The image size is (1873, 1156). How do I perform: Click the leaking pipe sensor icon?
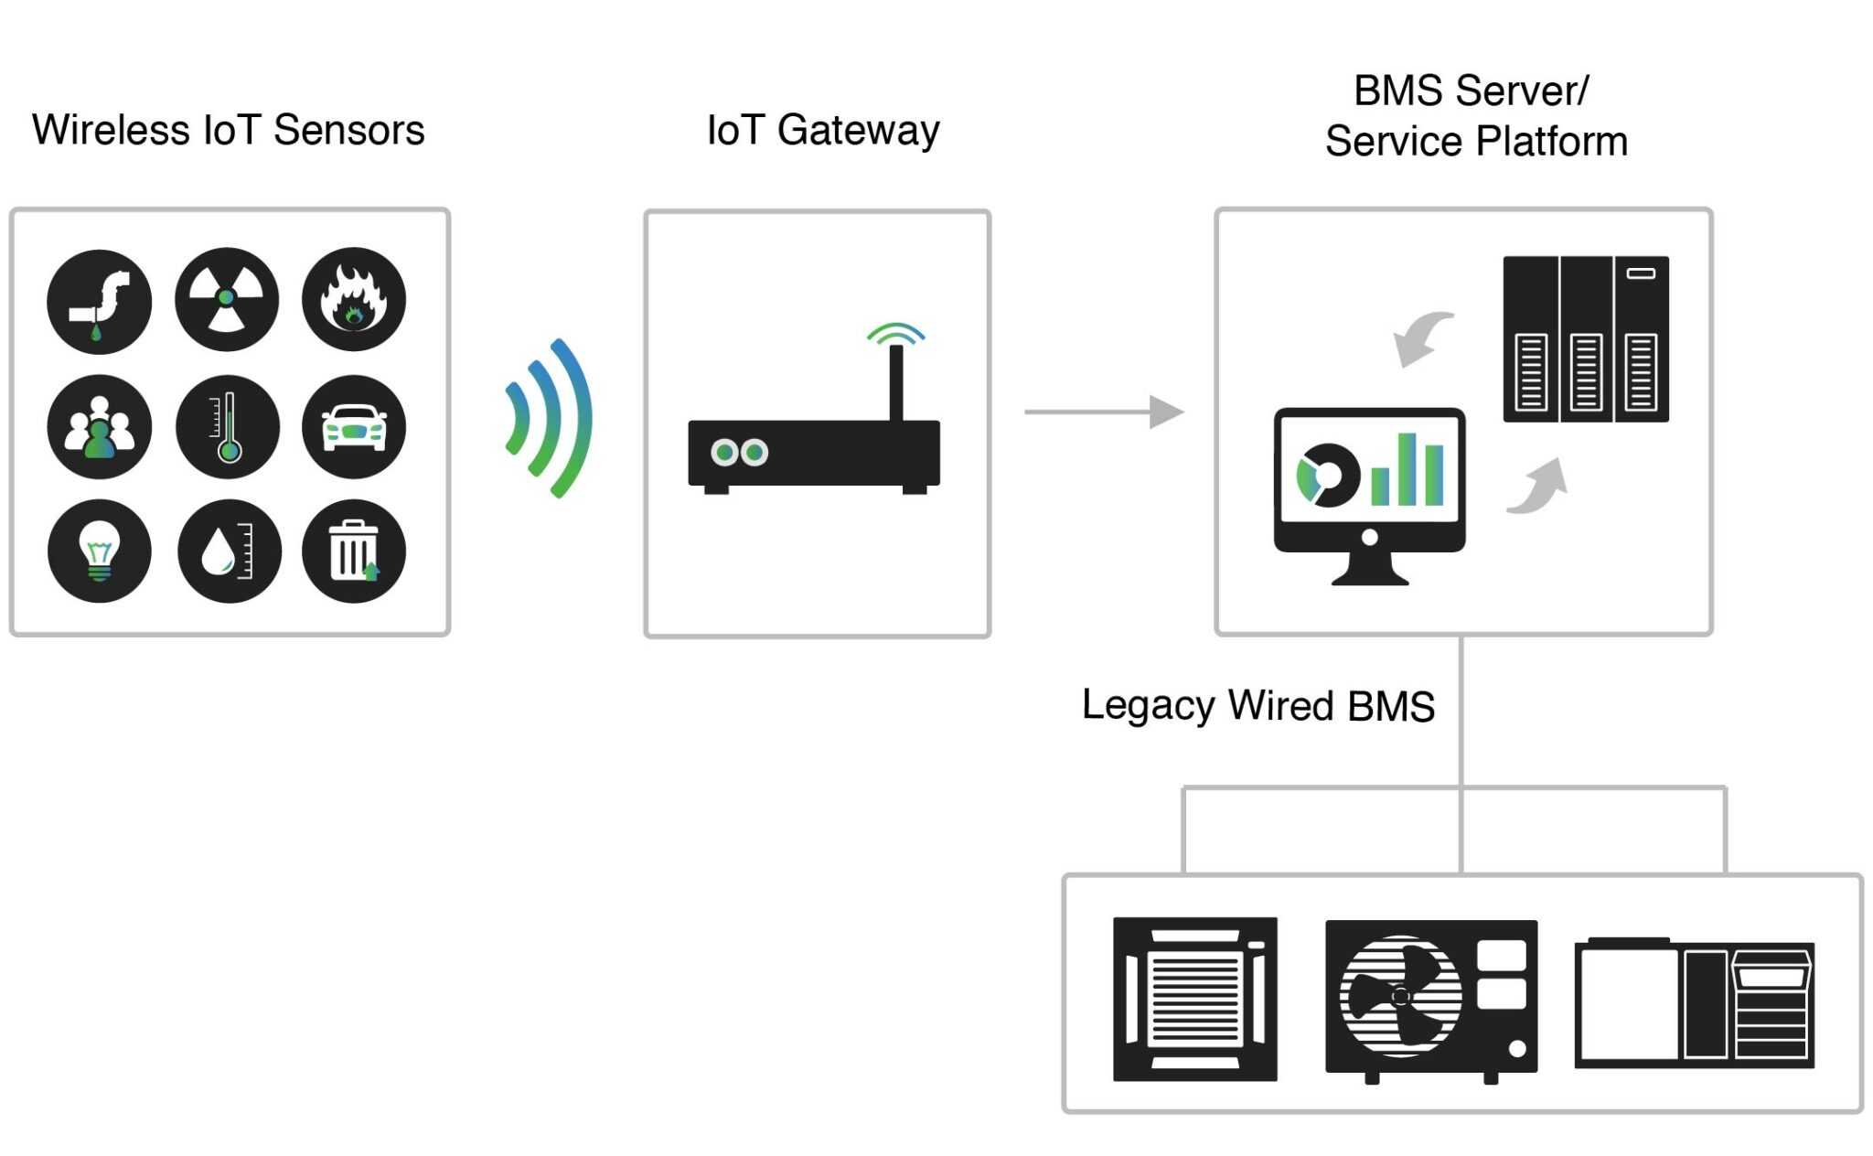99,301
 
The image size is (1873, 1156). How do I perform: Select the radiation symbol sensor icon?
226,299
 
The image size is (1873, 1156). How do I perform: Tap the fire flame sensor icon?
353,299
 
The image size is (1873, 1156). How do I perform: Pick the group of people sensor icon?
99,426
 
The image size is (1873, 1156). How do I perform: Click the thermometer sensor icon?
228,426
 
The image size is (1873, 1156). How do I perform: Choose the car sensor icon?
353,426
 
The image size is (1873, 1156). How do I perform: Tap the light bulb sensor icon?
99,551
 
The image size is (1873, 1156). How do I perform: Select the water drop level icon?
229,551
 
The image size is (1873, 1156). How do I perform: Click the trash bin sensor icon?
353,551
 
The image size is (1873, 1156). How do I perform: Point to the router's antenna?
895,380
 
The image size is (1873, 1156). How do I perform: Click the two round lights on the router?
739,452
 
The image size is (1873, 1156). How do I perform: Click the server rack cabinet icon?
1585,338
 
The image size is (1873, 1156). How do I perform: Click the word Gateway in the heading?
857,131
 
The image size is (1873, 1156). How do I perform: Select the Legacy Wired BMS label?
1258,705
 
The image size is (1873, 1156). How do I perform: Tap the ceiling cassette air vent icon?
1194,999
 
